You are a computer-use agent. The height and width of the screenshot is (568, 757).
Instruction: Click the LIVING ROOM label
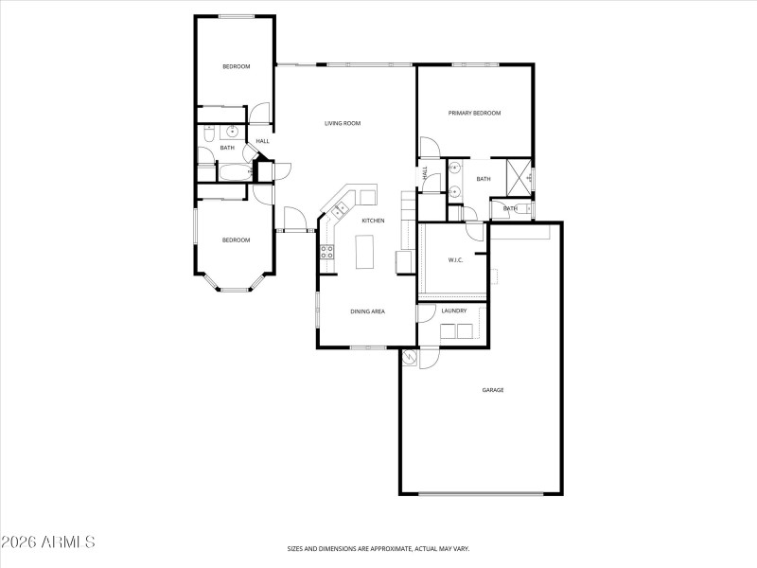coord(343,123)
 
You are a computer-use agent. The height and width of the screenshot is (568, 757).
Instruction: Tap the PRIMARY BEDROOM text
coord(474,113)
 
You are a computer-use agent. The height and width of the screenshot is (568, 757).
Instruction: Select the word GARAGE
coord(492,389)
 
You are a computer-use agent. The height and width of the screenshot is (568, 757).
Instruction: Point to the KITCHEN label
coord(372,221)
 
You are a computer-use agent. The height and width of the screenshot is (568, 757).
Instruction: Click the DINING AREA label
coord(368,311)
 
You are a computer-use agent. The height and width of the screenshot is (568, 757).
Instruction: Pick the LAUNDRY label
coord(453,311)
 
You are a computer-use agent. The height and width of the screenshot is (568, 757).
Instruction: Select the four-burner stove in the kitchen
coord(326,252)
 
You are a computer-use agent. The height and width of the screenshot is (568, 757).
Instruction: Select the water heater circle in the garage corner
coord(409,357)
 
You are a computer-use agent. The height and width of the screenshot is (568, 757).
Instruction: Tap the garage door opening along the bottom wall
coord(481,493)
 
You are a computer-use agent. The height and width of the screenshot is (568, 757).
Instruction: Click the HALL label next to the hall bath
coord(262,142)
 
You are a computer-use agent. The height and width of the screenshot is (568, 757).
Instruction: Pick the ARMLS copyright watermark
coord(47,542)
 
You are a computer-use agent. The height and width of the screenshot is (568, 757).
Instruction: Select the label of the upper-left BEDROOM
coord(236,66)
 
